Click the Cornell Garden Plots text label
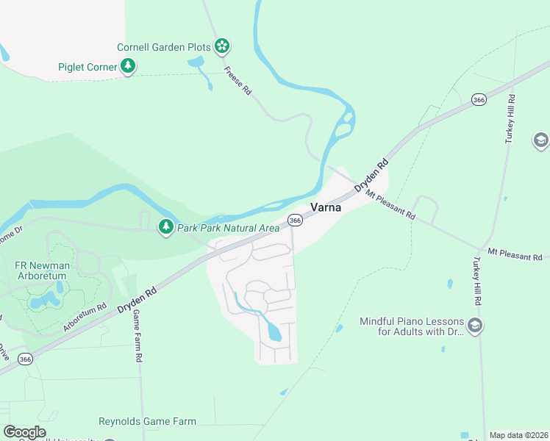point(164,47)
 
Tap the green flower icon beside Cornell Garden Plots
point(222,46)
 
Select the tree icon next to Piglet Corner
point(129,67)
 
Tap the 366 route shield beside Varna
point(295,220)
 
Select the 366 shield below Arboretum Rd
point(25,359)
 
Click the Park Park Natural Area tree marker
point(167,227)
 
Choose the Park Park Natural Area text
point(228,228)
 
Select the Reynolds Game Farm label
point(147,421)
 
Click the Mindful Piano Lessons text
point(412,326)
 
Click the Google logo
point(24,432)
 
